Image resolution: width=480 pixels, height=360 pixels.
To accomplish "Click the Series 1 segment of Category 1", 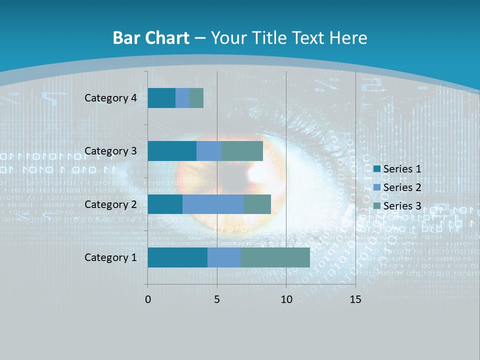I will point(177,257).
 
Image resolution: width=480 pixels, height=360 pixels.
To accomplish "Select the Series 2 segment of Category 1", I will point(224,257).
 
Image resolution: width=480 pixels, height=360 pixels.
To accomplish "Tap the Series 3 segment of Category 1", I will point(275,257).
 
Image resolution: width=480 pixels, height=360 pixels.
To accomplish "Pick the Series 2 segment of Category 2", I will point(213,204).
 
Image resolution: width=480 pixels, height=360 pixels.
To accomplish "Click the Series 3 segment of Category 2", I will point(257,204).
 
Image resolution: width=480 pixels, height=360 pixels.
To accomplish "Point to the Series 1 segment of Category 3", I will point(172,151).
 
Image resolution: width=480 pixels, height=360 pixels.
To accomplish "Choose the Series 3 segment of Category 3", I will point(242,151).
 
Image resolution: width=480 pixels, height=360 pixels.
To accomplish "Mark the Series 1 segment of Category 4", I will point(161,98).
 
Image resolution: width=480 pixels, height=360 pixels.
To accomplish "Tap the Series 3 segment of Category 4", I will point(196,98).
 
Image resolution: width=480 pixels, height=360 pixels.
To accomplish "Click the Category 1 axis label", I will point(110,257).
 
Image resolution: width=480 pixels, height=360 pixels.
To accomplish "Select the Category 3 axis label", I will point(110,151).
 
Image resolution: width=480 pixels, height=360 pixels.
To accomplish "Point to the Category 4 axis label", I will point(110,98).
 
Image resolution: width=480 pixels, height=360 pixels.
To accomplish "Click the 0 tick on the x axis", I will point(148,299).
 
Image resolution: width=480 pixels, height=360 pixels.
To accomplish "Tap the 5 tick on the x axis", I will point(217,299).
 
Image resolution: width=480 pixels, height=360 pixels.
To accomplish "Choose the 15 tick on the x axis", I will point(355,299).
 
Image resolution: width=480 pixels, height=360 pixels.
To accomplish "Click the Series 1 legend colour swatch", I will point(377,169).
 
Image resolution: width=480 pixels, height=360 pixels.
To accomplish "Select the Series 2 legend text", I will point(402,187).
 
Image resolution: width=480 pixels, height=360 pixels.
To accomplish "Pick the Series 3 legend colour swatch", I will point(377,206).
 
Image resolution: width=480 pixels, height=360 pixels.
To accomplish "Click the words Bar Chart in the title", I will point(151,38).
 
